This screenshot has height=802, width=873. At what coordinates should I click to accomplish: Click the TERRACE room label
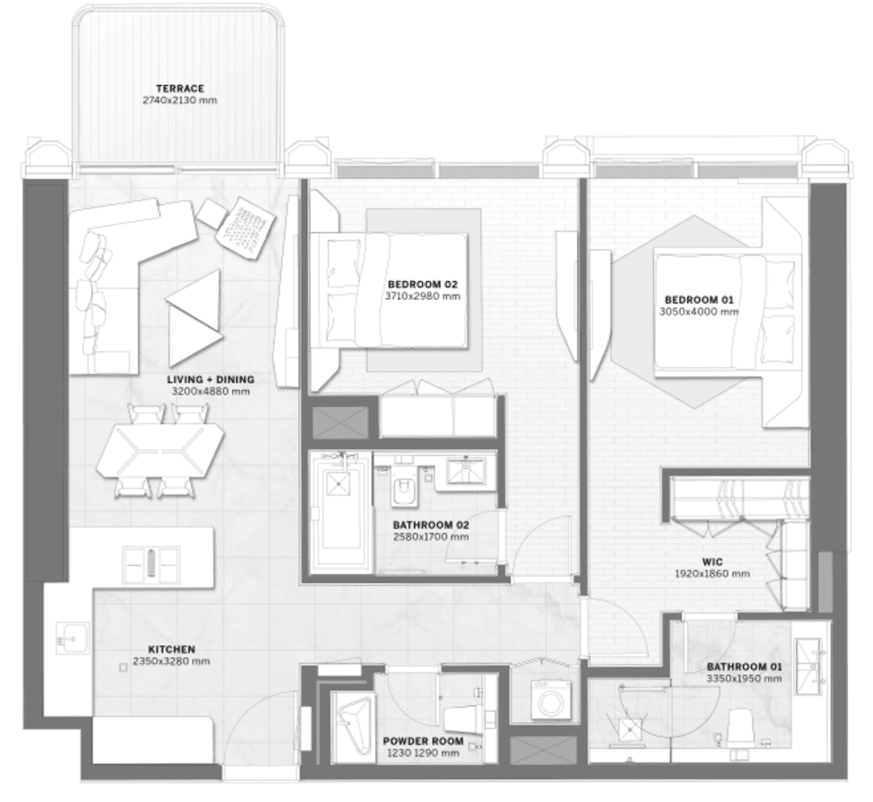[179, 88]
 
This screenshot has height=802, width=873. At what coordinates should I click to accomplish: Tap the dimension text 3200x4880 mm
[211, 392]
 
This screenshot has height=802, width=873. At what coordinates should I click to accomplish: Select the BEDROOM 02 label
[423, 285]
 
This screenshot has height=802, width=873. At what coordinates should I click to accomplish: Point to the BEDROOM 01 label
[698, 300]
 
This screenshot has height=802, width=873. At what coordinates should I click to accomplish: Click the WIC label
[712, 562]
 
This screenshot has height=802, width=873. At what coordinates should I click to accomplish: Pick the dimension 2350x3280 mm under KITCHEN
[171, 661]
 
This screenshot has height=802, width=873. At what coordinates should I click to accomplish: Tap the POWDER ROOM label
[423, 741]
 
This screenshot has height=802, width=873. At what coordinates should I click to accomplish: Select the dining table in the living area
[160, 450]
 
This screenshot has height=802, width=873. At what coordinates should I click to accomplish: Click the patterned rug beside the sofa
[246, 227]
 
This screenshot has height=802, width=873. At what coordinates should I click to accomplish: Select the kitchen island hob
[151, 565]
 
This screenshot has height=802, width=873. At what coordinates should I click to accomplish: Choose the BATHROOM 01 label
[744, 667]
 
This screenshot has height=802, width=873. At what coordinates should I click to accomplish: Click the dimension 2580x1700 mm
[431, 537]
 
